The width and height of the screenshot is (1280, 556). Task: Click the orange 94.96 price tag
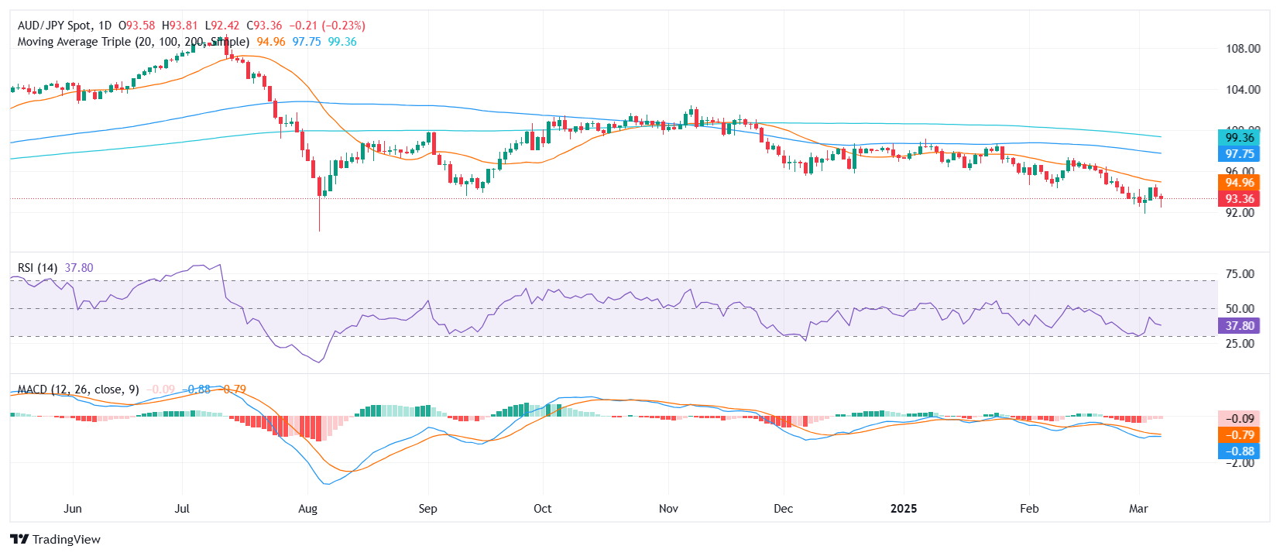pos(1239,183)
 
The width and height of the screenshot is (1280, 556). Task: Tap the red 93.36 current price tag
pos(1239,199)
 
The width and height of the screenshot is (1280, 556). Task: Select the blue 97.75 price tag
pos(1239,154)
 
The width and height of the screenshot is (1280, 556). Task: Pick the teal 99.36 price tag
pos(1239,138)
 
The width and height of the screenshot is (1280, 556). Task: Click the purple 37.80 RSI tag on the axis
pos(1239,326)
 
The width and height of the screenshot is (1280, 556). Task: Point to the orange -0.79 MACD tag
pos(1239,435)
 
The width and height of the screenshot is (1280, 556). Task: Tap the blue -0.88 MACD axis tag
pos(1239,451)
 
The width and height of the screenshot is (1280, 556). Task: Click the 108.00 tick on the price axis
pos(1242,49)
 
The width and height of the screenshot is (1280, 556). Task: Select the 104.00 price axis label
pos(1242,90)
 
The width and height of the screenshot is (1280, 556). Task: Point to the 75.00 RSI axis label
pos(1240,274)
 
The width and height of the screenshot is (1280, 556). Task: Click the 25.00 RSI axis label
pos(1240,344)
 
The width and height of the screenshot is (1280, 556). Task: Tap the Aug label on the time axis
pos(307,509)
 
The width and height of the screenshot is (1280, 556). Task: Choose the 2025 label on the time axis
pos(903,509)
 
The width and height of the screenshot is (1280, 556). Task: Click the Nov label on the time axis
pos(668,509)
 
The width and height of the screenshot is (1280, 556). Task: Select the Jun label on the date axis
pos(72,509)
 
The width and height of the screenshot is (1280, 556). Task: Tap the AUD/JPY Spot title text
pos(54,26)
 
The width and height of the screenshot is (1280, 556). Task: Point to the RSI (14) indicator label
pos(37,268)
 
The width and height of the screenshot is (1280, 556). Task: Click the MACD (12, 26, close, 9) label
pos(78,390)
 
